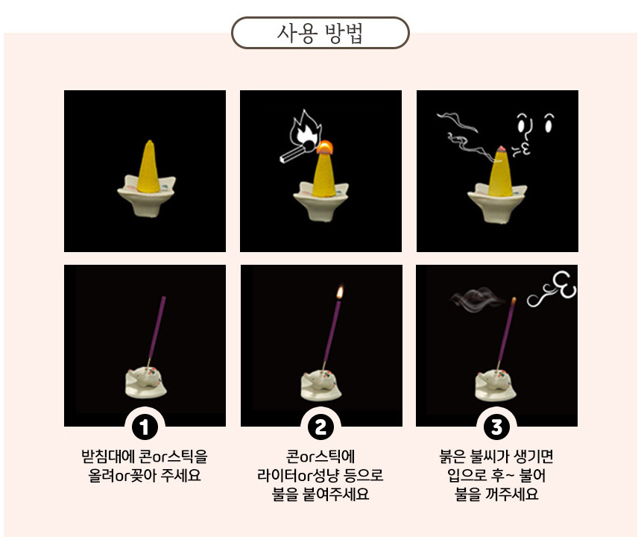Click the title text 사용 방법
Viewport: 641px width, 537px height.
320,33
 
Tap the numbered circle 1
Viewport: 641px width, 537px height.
145,427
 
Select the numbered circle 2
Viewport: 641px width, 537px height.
321,427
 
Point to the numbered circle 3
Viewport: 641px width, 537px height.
496,427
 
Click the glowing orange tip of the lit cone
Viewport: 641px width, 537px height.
325,146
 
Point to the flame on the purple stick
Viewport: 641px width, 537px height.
340,292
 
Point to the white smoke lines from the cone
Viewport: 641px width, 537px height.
466,136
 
